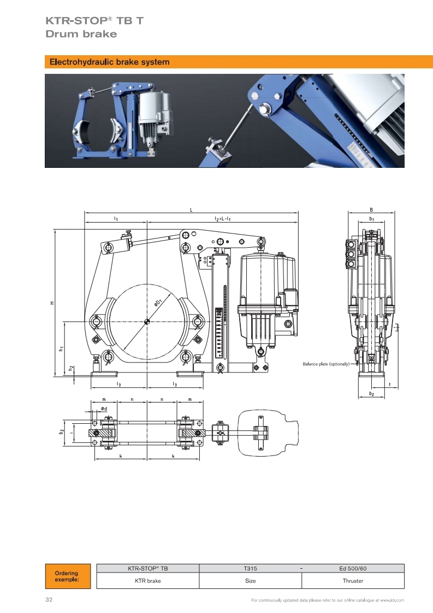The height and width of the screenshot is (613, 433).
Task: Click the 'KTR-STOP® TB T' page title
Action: point(94,21)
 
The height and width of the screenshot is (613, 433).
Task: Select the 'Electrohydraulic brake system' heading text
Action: point(109,62)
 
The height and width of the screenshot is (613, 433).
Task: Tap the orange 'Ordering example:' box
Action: point(68,576)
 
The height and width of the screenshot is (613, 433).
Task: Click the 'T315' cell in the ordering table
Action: point(250,568)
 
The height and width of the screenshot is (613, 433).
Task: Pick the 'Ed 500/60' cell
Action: point(353,568)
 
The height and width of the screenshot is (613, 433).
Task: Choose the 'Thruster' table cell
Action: point(353,581)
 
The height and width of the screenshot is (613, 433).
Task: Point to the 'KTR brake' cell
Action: point(148,581)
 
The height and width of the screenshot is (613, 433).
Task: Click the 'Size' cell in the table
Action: point(250,581)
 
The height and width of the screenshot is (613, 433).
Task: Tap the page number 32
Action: point(49,600)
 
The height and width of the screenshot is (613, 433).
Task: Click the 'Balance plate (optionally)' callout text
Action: point(326,364)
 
